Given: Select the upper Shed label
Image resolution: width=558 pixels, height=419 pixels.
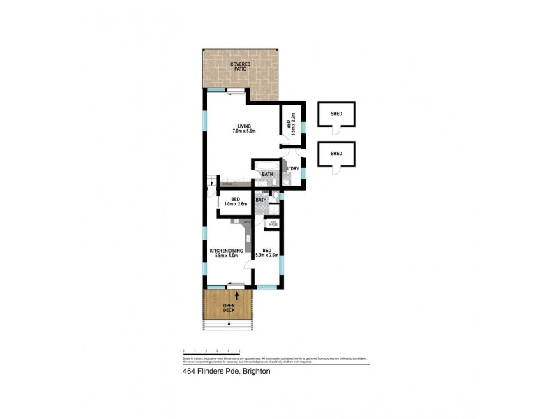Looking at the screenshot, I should pyautogui.click(x=336, y=114).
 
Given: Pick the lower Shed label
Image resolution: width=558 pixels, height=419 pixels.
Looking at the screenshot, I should pyautogui.click(x=336, y=154).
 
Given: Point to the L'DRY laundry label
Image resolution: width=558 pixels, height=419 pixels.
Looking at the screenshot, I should pyautogui.click(x=294, y=169).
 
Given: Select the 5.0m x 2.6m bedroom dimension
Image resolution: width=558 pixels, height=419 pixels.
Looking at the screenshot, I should pyautogui.click(x=266, y=256).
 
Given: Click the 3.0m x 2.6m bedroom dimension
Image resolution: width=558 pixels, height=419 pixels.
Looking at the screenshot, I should pyautogui.click(x=235, y=204).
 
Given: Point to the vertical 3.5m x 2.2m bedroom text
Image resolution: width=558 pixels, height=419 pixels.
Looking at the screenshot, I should pyautogui.click(x=290, y=124).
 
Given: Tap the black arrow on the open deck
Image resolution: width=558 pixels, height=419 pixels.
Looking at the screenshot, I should pyautogui.click(x=239, y=297).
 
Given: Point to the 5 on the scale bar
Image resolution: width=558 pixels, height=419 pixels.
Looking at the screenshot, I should pyautogui.click(x=239, y=351).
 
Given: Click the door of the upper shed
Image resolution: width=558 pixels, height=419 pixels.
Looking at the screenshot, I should pyautogui.click(x=335, y=131).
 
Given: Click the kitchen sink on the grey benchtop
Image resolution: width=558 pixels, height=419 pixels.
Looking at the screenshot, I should pyautogui.click(x=247, y=238).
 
